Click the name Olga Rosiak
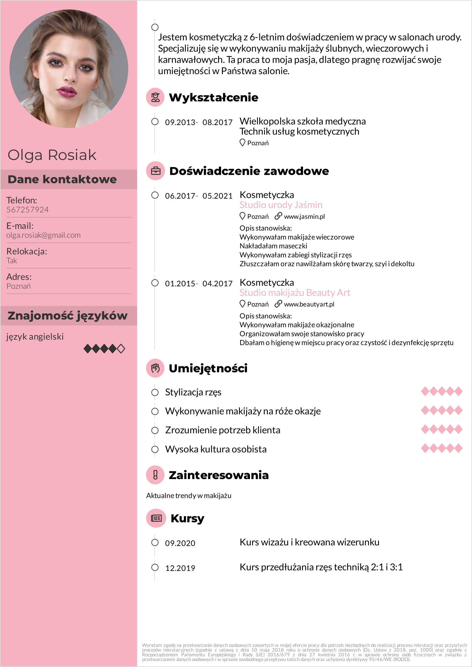click(x=52, y=155)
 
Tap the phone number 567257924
click(x=28, y=210)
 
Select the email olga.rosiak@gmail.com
click(x=43, y=235)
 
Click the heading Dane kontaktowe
click(x=62, y=179)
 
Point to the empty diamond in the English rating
click(x=121, y=348)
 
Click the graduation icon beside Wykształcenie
click(x=155, y=97)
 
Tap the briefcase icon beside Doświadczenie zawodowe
click(x=156, y=171)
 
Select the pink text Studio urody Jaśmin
click(x=281, y=205)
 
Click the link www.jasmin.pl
click(x=304, y=216)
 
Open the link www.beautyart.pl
click(x=309, y=304)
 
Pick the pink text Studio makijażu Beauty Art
click(x=295, y=293)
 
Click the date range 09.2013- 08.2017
click(x=199, y=122)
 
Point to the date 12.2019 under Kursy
click(x=180, y=568)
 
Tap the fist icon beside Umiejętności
click(x=155, y=368)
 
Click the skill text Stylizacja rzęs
click(x=193, y=392)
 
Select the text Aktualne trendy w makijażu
click(x=188, y=496)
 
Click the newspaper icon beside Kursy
click(x=156, y=518)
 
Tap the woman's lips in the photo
click(x=67, y=92)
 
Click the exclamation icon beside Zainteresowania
click(x=155, y=475)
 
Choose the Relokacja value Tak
click(x=12, y=261)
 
